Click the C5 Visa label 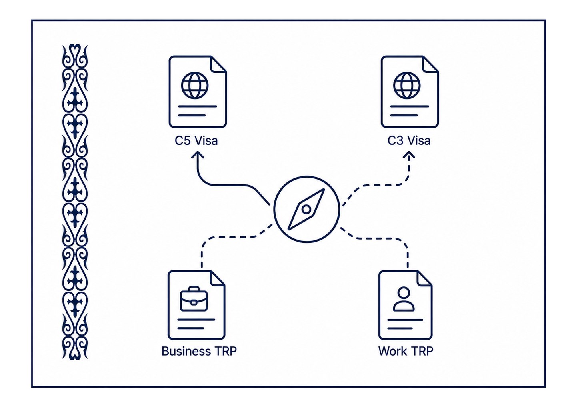[196, 141]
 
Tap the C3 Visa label [409, 141]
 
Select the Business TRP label [199, 351]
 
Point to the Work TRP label [406, 351]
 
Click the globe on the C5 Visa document [195, 85]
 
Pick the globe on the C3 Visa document [407, 85]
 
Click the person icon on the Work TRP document [404, 299]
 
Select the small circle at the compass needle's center [306, 209]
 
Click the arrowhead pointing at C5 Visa [198, 155]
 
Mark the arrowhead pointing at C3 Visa [409, 155]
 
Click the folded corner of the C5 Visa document [218, 64]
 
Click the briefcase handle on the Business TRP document [194, 289]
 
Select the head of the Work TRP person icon [404, 293]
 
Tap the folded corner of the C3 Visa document [430, 64]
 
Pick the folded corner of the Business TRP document [217, 279]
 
